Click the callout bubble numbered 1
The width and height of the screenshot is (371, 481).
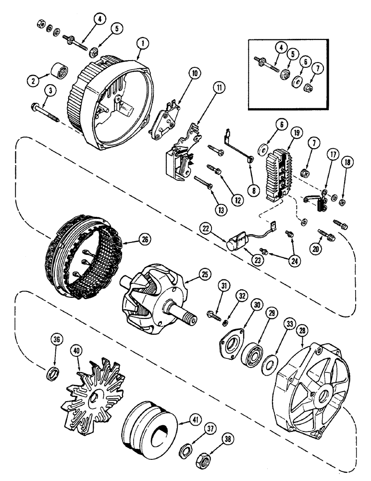tap(141, 43)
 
